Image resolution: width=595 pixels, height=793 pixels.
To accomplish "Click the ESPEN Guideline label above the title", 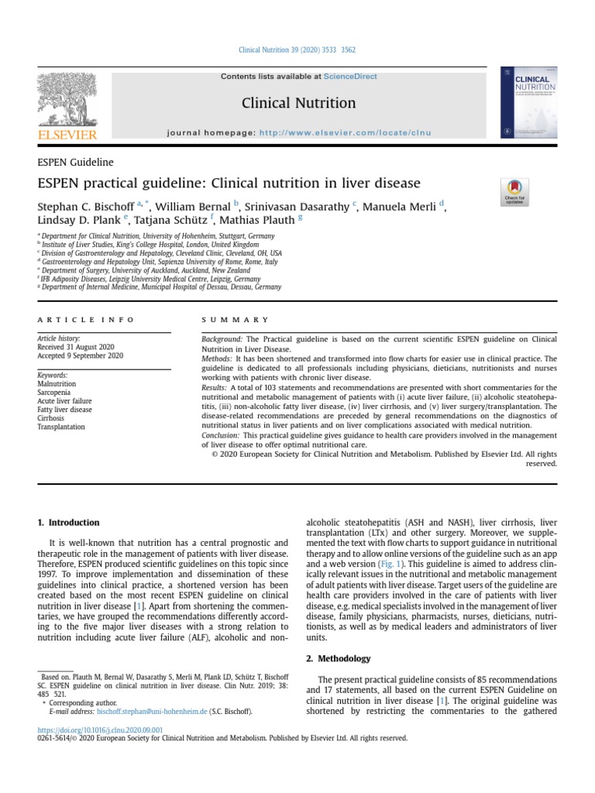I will (75, 163).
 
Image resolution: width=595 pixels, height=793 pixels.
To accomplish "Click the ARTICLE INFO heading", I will (85, 319).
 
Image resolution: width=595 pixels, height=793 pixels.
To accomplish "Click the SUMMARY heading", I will (236, 319).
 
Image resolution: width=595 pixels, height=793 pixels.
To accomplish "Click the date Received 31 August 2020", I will (81, 347).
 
